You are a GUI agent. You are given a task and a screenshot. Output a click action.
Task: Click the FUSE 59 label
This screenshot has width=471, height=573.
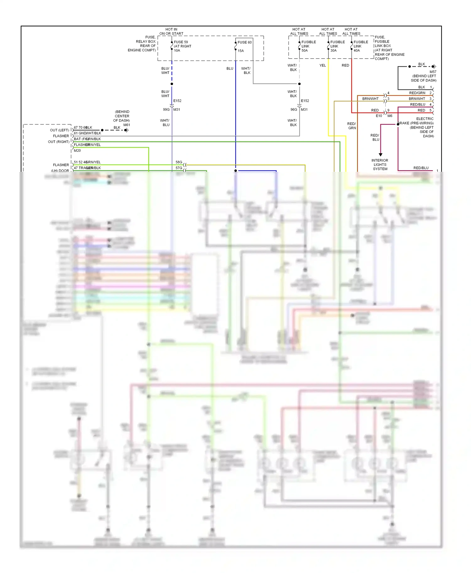coord(181,42)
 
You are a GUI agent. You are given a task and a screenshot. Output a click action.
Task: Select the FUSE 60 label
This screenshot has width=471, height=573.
coord(245,42)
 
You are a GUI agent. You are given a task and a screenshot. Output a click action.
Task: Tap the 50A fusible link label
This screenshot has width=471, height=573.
coord(305,50)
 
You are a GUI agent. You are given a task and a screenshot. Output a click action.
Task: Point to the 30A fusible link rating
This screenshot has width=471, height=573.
coord(333,50)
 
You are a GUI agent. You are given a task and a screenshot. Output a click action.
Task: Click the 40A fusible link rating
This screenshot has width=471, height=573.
coord(357,50)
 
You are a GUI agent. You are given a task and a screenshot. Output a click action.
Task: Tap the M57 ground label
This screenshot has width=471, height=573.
coord(433,72)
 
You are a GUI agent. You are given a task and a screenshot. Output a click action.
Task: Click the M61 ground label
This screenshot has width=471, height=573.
coord(127,125)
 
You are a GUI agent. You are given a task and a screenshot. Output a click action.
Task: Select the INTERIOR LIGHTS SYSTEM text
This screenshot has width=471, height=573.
coord(380,165)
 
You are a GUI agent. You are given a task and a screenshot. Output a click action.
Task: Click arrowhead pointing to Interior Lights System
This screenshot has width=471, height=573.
coord(381,155)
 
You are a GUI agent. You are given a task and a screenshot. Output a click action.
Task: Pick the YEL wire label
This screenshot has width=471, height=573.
coord(322,66)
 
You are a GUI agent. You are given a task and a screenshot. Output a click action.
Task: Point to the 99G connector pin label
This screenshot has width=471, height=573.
coord(166,110)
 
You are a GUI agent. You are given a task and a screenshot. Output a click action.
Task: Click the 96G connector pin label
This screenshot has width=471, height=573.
coord(294,110)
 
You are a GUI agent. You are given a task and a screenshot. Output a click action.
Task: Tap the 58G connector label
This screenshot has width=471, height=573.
coord(179,162)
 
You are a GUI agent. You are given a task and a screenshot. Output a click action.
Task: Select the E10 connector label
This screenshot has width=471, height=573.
coord(379,116)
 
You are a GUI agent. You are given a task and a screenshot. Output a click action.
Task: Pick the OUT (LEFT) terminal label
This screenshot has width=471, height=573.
coord(59,130)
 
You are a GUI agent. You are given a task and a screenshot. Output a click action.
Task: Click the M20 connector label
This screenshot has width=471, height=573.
coord(77,151)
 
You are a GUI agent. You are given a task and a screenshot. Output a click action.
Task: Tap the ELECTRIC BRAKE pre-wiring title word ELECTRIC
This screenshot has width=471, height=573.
coord(425,119)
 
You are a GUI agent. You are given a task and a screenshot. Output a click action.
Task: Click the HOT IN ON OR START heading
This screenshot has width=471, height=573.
coord(171,31)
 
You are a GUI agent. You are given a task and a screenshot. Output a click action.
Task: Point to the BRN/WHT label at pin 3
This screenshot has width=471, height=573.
coord(417,99)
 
